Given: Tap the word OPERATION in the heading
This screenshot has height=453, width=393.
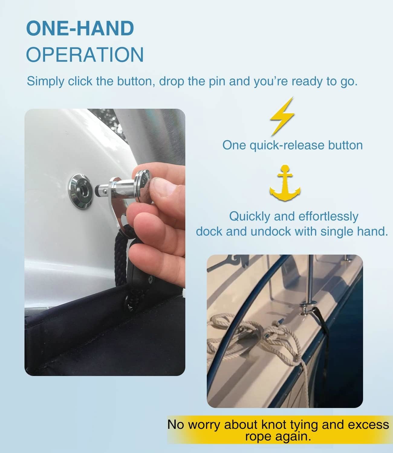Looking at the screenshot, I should click(x=85, y=55).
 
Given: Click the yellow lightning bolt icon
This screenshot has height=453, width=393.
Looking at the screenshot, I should click(x=282, y=115).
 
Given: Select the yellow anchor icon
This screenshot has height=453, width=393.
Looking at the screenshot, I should click(x=285, y=184).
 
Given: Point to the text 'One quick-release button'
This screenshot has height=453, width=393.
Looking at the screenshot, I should click(x=292, y=145).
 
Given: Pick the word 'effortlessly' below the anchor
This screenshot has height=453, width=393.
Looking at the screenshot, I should click(x=328, y=217).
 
